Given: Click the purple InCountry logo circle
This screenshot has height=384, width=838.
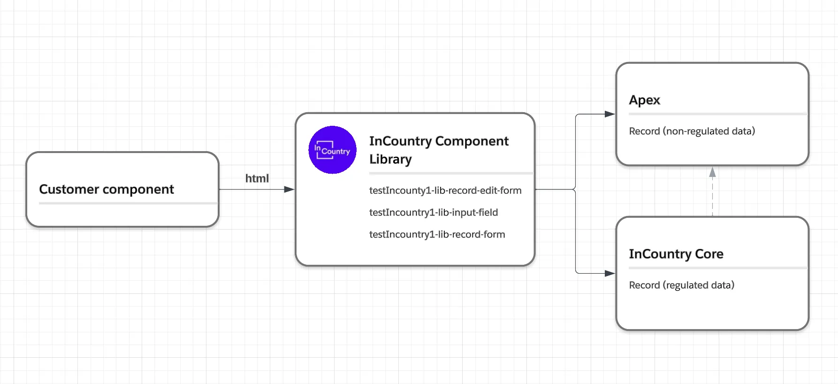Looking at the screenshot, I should pyautogui.click(x=332, y=150).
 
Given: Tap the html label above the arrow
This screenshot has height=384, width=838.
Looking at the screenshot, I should pyautogui.click(x=257, y=178).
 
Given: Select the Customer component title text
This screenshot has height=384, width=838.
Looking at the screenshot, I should pyautogui.click(x=107, y=189).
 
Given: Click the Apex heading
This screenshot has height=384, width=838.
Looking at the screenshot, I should pyautogui.click(x=644, y=100).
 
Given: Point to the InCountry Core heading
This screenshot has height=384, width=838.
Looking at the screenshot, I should pyautogui.click(x=676, y=254).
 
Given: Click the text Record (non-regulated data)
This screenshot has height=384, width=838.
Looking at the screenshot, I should pyautogui.click(x=692, y=131).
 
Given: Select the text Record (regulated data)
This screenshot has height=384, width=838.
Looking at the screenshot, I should pyautogui.click(x=681, y=285).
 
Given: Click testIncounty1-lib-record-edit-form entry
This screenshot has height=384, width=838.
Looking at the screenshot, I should pyautogui.click(x=445, y=191).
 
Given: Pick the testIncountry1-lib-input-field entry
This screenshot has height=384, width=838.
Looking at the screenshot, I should pyautogui.click(x=433, y=212).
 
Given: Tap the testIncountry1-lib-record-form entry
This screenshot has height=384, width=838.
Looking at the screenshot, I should pyautogui.click(x=437, y=234).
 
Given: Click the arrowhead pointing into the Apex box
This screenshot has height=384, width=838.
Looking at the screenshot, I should pyautogui.click(x=609, y=114).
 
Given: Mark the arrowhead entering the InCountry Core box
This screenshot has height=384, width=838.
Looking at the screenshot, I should pyautogui.click(x=609, y=273).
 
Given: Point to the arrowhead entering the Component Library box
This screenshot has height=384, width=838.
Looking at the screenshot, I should pyautogui.click(x=289, y=189).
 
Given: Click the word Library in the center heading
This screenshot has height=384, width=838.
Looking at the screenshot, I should pyautogui.click(x=390, y=159).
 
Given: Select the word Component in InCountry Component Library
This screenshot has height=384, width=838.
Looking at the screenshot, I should pyautogui.click(x=472, y=141).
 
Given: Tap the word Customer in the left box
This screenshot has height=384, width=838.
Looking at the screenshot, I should pyautogui.click(x=69, y=189).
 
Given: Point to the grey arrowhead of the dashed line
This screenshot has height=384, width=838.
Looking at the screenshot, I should pyautogui.click(x=712, y=172).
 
